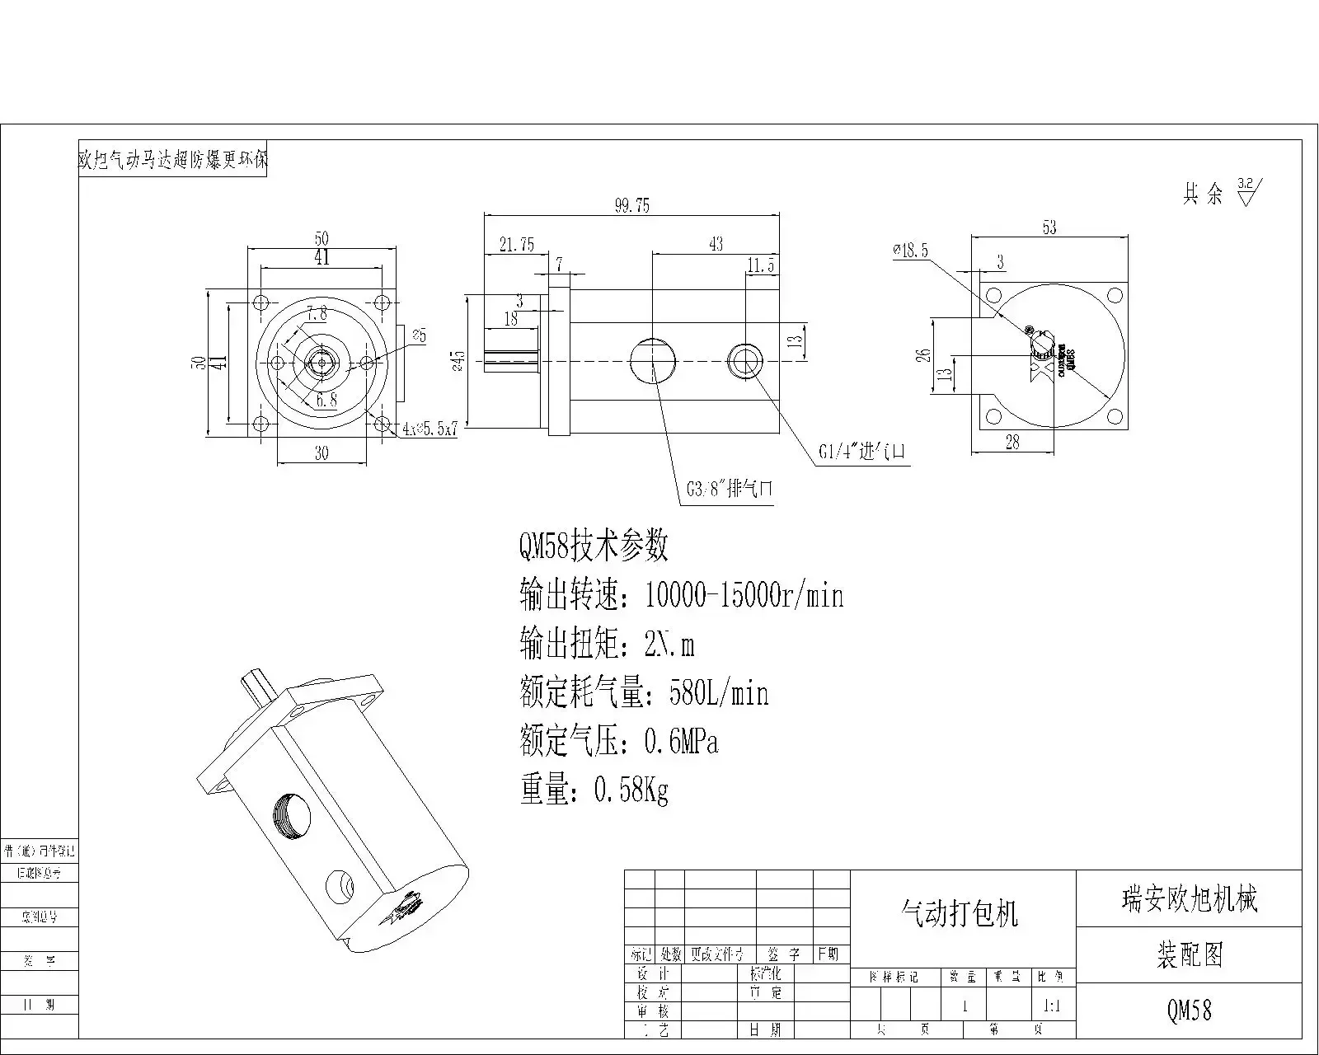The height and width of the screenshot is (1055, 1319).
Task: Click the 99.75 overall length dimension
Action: (631, 205)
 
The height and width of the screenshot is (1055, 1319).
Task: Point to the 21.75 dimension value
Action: (516, 245)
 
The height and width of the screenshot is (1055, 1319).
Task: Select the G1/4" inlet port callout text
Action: (862, 452)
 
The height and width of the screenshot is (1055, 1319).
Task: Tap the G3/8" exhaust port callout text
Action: (730, 489)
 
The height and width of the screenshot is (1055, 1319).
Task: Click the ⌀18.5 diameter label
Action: (910, 251)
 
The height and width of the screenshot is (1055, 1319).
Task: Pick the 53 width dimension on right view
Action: (1049, 227)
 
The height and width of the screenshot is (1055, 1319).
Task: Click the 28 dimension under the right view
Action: (1012, 443)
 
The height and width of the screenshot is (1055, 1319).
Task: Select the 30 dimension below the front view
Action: (322, 452)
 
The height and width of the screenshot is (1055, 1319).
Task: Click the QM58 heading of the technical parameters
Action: (593, 546)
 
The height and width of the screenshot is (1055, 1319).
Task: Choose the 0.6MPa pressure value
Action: (681, 743)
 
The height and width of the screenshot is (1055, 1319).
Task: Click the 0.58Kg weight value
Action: (631, 791)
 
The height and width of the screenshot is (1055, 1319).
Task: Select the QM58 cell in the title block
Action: (1189, 1010)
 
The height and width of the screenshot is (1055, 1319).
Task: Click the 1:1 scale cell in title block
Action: (1053, 1006)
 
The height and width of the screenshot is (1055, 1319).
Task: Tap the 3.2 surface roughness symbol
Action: (1246, 191)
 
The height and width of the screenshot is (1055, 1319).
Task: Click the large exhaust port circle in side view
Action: (653, 360)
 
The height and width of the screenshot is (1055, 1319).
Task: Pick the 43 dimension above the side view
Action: (716, 244)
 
